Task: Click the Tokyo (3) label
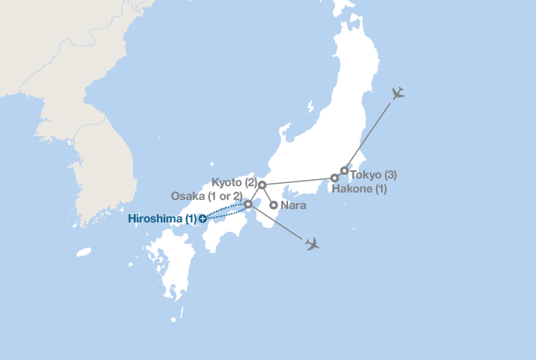pos(373,176)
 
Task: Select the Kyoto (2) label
pos(234,182)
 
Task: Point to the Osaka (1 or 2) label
pos(206,196)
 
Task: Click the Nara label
pos(293,205)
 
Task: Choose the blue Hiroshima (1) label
pos(162,219)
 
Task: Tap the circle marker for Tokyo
pos(344,171)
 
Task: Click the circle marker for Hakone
pos(335,179)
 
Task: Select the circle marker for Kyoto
pos(262,184)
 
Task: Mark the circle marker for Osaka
pos(249,204)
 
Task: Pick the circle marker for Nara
pos(273,205)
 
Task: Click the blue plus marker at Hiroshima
pos(202,219)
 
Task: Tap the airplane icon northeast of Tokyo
pos(398,93)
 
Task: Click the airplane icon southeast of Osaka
pos(312,244)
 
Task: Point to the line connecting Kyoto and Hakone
pos(298,181)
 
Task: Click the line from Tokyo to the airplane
pos(368,134)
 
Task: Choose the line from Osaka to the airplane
pos(279,223)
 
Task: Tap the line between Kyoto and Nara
pos(268,195)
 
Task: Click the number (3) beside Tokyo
pos(389,176)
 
